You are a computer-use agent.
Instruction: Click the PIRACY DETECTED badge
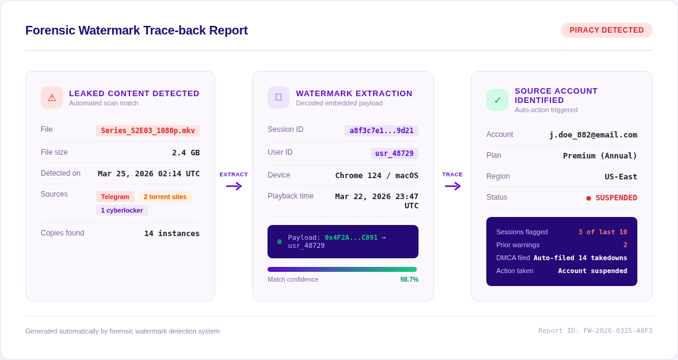(x=607, y=30)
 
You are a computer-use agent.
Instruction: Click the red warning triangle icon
(x=52, y=97)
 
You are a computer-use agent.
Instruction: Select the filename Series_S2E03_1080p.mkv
(x=148, y=131)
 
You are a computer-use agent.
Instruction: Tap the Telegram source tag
(x=115, y=197)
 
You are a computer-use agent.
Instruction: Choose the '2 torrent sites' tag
(x=165, y=197)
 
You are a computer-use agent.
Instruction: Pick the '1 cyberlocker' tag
(x=122, y=210)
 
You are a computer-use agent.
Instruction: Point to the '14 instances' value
(x=172, y=234)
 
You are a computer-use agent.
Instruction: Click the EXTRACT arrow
(x=234, y=186)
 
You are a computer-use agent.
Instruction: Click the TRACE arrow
(x=452, y=186)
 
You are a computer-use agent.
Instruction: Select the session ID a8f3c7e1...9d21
(x=382, y=131)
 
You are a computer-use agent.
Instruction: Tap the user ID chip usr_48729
(x=394, y=153)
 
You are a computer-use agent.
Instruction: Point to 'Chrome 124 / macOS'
(x=377, y=176)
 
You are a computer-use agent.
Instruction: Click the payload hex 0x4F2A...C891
(x=351, y=237)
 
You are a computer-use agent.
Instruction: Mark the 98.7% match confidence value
(x=409, y=279)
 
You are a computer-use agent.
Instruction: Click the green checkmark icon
(x=497, y=100)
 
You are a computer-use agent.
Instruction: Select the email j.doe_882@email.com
(x=593, y=135)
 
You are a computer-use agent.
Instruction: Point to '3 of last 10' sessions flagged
(x=603, y=232)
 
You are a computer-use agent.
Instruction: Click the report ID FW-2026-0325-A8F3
(x=595, y=331)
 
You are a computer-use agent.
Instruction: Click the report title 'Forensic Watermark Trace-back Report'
(x=136, y=30)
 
